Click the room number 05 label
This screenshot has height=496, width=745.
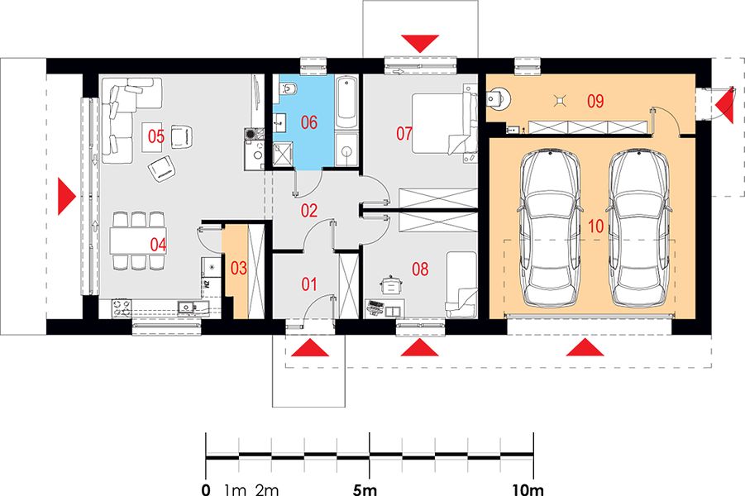[155, 136]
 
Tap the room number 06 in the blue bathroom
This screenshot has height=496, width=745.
[309, 122]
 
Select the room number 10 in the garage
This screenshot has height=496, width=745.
[596, 227]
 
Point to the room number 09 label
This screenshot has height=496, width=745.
[595, 101]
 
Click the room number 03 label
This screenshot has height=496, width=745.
[238, 269]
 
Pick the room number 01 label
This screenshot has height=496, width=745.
[309, 284]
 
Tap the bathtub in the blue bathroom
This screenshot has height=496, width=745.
[346, 103]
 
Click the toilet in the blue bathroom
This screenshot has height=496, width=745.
[288, 88]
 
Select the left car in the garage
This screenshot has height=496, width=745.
[551, 228]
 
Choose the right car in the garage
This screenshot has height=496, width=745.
[639, 228]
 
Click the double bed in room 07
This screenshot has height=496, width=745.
[444, 123]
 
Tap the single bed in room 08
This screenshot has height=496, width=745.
[461, 284]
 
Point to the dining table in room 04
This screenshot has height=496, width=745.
[138, 241]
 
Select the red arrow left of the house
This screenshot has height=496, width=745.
[66, 196]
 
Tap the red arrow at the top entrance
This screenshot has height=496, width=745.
[419, 44]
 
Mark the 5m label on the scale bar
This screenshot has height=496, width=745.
[365, 489]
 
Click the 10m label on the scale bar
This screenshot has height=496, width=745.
[528, 489]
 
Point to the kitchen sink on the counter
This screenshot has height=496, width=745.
[186, 308]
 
